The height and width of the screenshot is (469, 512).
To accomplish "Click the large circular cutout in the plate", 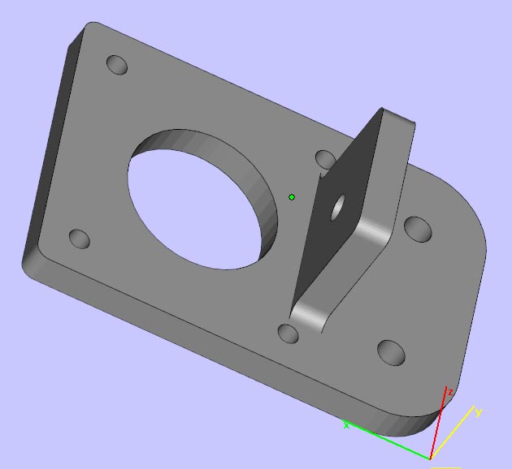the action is tap(202, 200).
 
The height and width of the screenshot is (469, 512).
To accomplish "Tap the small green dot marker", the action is tap(292, 197).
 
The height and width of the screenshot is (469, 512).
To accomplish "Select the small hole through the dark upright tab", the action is tap(337, 208).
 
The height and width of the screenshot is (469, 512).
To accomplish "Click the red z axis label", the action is tap(450, 393).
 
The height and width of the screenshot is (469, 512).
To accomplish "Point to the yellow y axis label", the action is tap(479, 412).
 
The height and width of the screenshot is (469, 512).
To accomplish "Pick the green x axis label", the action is tap(346, 425).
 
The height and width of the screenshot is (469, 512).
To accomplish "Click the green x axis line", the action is tap(387, 439).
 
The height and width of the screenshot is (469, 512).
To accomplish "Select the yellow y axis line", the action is tap(452, 432).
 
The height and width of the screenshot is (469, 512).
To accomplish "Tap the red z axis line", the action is tap(438, 423).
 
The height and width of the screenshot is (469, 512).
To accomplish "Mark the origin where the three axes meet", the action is tap(431, 458).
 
